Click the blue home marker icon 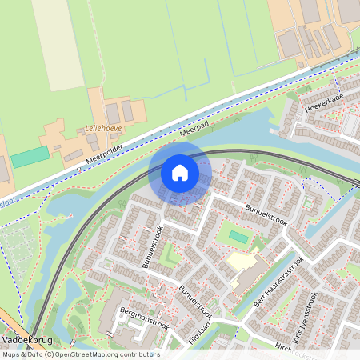(x=180, y=172)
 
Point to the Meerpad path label (x=195, y=127)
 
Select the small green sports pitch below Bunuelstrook (x=238, y=237)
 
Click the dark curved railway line (x=240, y=152)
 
